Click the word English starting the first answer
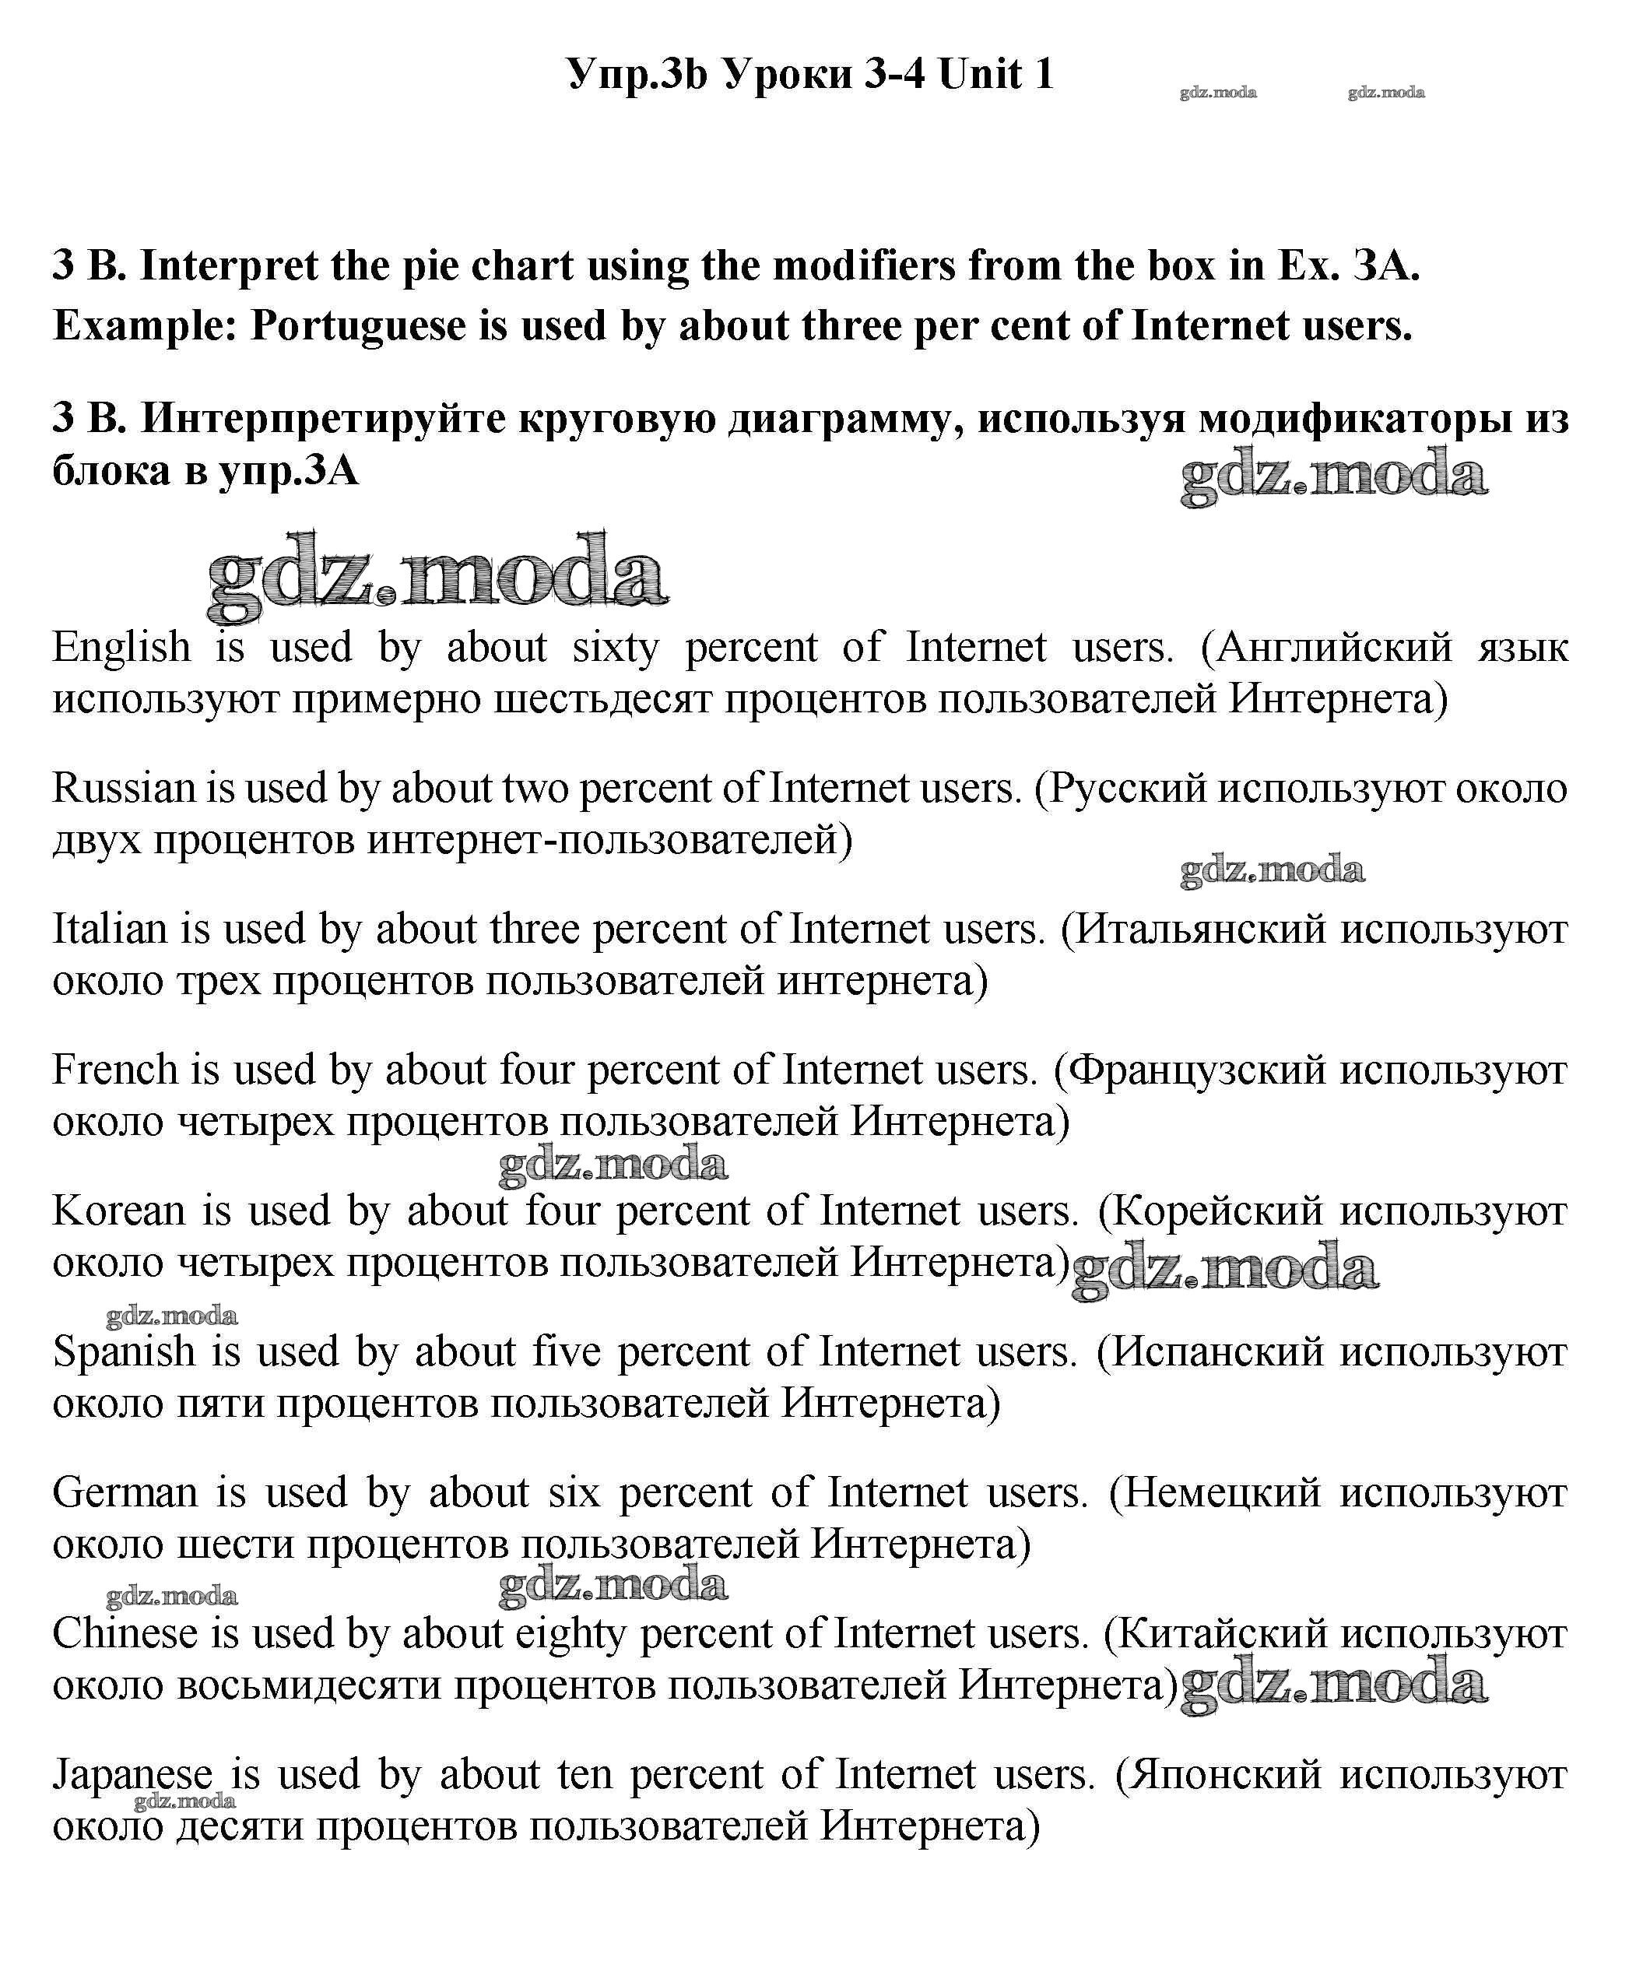tap(121, 648)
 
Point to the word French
tap(115, 1070)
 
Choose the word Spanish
tap(125, 1352)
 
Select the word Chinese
tap(125, 1634)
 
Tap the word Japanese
tap(132, 1776)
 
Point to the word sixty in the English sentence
tap(616, 648)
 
